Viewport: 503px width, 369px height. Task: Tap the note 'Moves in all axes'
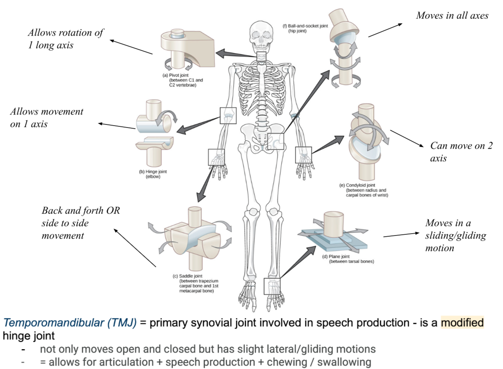tap(452, 16)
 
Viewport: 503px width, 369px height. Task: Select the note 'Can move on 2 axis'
tap(461, 152)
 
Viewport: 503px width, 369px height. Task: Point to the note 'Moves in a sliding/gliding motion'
tap(455, 235)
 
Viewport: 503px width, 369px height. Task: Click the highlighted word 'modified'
tap(462, 323)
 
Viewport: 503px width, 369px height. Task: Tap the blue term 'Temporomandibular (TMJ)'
tap(70, 323)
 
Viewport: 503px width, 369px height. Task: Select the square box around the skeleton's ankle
tap(272, 286)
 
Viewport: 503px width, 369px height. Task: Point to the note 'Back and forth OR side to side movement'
tap(80, 223)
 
